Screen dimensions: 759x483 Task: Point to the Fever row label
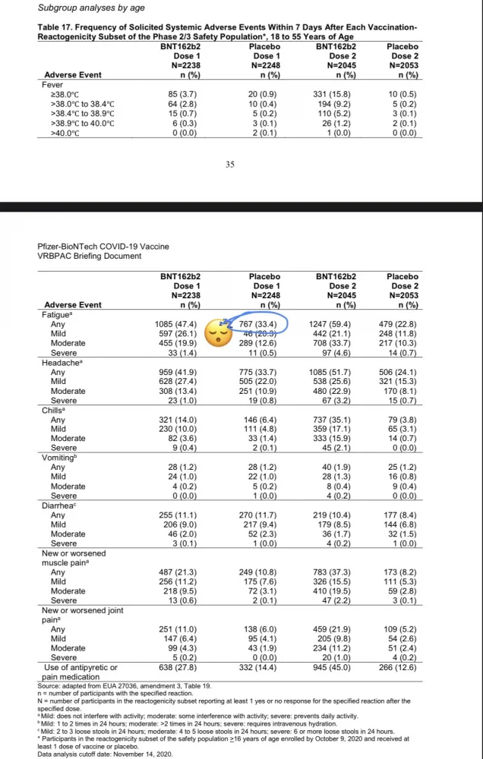coord(52,84)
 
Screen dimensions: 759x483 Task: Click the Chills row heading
coord(55,410)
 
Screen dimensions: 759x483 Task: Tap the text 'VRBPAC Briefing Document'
coord(90,256)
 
